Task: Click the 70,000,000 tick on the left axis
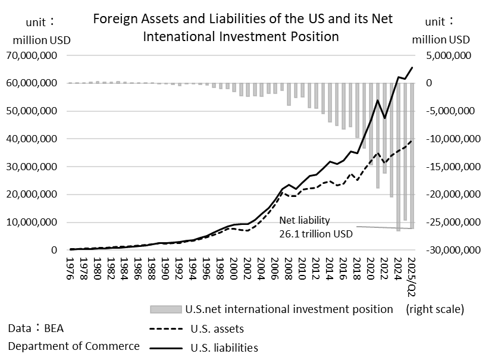coord(37,55)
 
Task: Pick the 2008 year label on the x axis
coord(289,266)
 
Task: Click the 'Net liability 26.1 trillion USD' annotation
coord(315,227)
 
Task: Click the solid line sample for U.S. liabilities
coord(165,348)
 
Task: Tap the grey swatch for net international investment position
coord(165,309)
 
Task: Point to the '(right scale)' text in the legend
coord(434,309)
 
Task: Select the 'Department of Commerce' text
coord(74,346)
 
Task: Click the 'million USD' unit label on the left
coord(40,40)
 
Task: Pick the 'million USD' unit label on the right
coord(440,40)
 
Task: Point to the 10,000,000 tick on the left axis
coord(37,223)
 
